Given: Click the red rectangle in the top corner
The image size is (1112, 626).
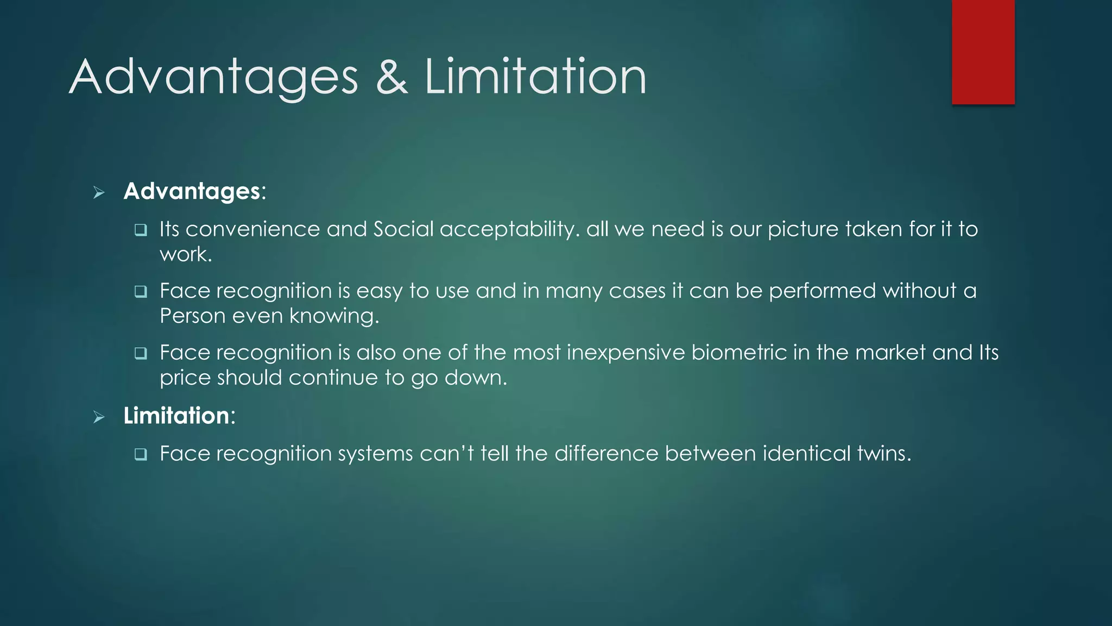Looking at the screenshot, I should click(983, 52).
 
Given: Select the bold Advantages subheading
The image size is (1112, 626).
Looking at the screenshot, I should click(192, 191).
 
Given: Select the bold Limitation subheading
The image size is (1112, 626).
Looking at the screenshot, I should click(176, 416).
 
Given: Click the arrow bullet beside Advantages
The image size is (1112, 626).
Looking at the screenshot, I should click(99, 192).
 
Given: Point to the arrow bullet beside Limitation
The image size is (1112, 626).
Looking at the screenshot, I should click(99, 417).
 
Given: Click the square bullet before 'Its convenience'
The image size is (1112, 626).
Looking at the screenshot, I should click(141, 230).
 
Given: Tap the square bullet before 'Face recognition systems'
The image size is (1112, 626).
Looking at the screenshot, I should click(141, 455).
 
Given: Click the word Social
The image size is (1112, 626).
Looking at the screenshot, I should click(403, 229).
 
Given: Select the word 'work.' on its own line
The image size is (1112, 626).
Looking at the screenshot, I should click(186, 254).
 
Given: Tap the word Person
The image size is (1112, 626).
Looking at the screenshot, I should click(193, 316).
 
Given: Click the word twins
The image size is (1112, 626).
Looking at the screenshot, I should click(883, 454).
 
